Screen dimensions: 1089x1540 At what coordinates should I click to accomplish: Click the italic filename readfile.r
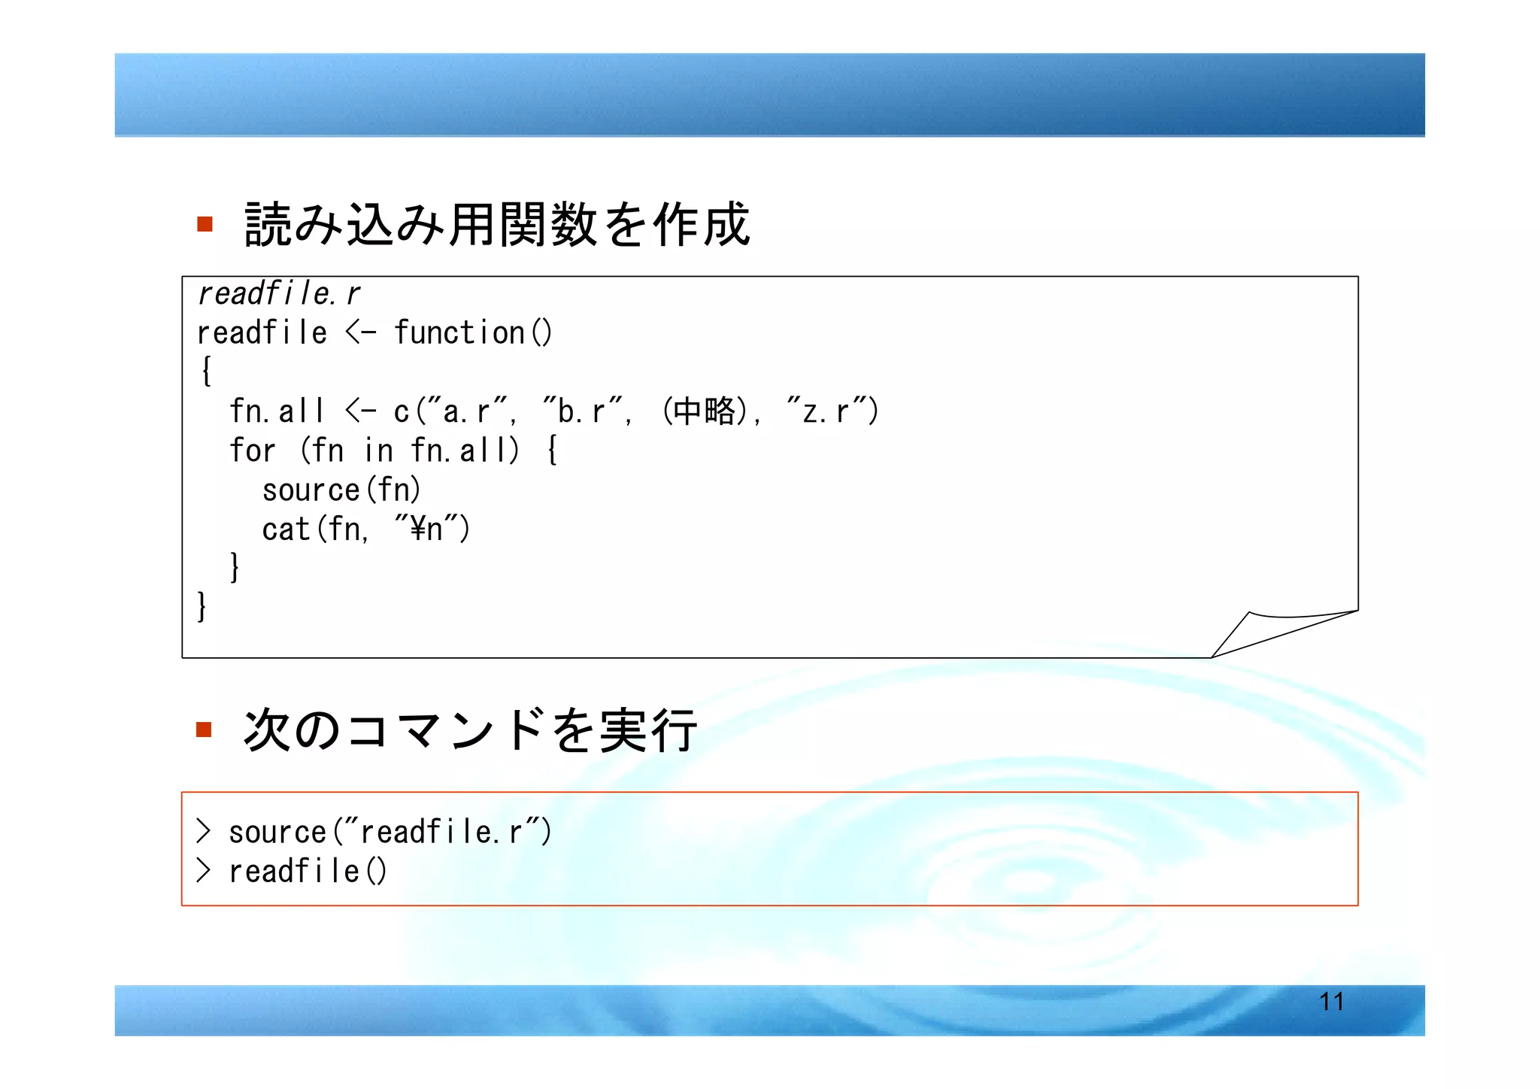pos(278,293)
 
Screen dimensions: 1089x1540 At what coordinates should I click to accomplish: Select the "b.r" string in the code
pos(582,411)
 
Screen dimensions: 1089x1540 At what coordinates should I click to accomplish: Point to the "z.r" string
pos(826,411)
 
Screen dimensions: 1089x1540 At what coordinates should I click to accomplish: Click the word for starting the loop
pos(252,450)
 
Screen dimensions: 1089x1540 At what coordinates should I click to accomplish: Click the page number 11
pos(1331,1002)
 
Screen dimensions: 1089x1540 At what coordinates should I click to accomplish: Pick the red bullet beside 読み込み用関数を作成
pos(205,224)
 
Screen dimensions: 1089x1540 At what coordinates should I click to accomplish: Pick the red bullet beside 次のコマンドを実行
pos(204,730)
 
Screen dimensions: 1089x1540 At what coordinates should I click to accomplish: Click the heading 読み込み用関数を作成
pos(496,224)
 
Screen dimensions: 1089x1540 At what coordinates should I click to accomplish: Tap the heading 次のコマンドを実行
pos(470,730)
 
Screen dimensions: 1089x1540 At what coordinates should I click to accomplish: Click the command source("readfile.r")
pos(390,832)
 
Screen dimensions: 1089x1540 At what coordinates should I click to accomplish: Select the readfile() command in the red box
pos(308,871)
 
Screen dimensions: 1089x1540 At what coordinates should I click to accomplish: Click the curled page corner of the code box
pos(1278,632)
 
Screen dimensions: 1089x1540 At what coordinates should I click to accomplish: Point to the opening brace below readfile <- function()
pos(205,372)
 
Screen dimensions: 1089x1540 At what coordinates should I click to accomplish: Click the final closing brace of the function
pos(201,606)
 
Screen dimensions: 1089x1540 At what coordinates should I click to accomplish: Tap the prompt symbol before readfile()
pos(203,871)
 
